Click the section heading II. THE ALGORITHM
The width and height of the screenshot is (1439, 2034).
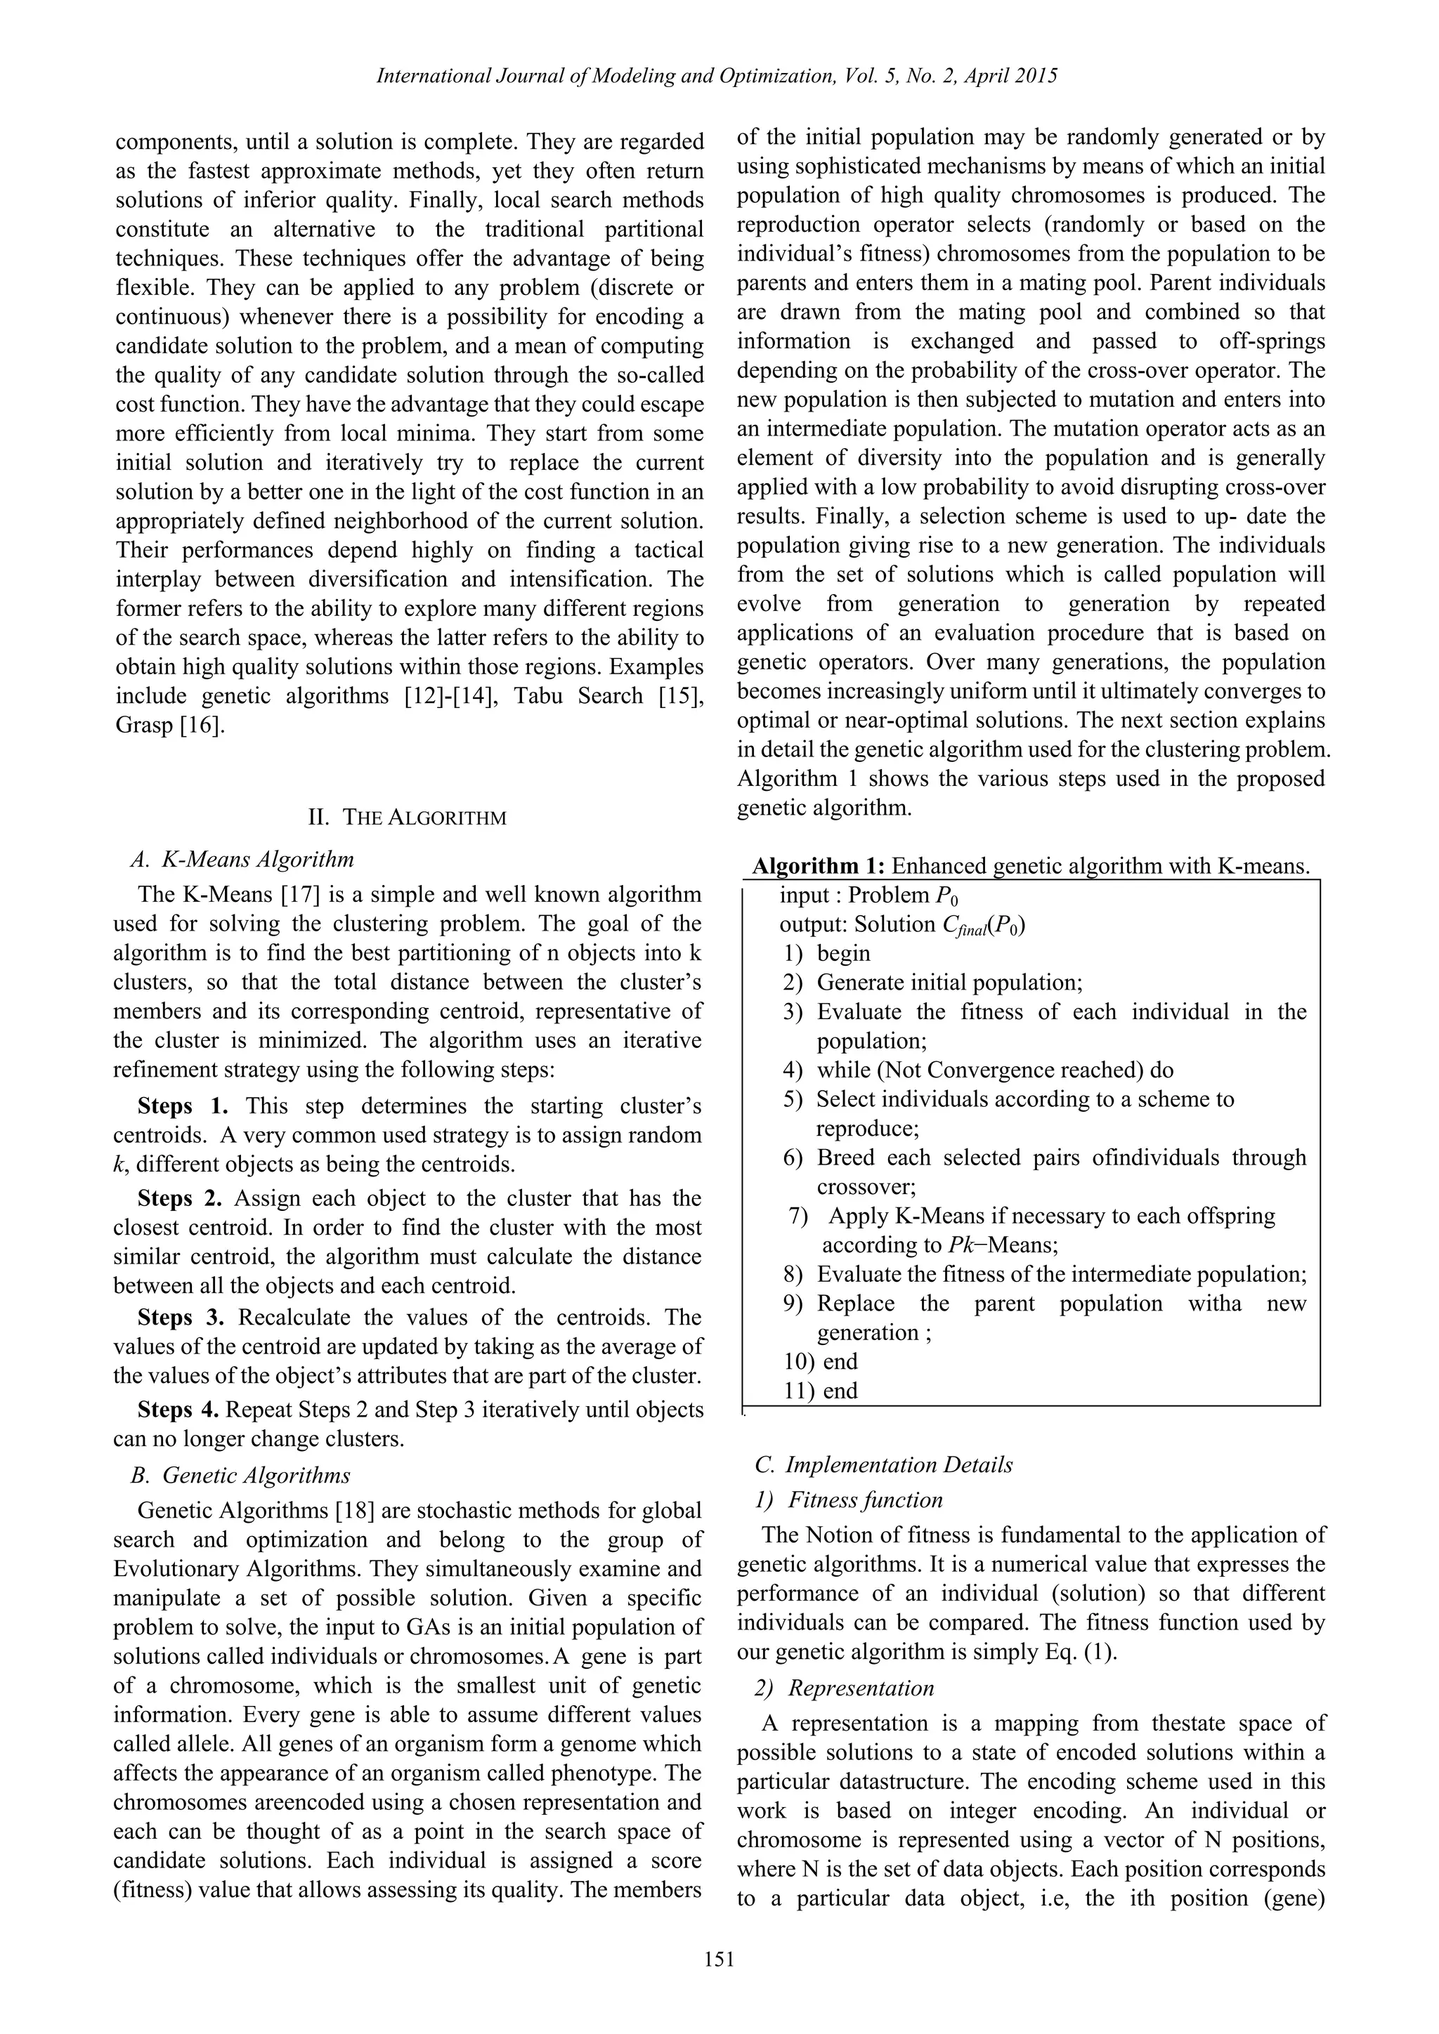click(407, 817)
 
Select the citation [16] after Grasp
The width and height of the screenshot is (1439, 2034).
click(203, 726)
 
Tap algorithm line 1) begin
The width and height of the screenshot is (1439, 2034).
click(828, 953)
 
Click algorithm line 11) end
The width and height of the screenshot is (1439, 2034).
click(821, 1390)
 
